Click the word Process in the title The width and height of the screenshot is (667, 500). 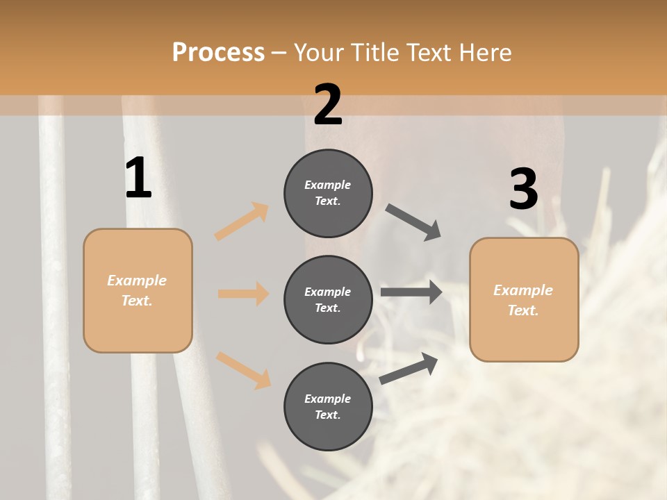(x=218, y=53)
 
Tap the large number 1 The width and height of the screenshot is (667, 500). (x=138, y=178)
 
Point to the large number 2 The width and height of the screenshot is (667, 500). (x=328, y=105)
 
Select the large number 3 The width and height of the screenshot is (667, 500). (x=523, y=189)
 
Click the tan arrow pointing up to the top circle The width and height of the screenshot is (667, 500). (x=242, y=221)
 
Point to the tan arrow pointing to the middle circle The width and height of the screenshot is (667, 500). (x=244, y=294)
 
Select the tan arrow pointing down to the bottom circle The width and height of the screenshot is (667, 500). (x=243, y=369)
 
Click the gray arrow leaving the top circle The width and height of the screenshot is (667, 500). (x=413, y=222)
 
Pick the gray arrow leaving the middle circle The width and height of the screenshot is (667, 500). (x=411, y=292)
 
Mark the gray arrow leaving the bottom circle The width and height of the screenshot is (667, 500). (x=409, y=368)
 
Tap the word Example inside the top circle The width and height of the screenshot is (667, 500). (x=328, y=185)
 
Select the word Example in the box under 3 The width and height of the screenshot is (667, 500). (x=523, y=290)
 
